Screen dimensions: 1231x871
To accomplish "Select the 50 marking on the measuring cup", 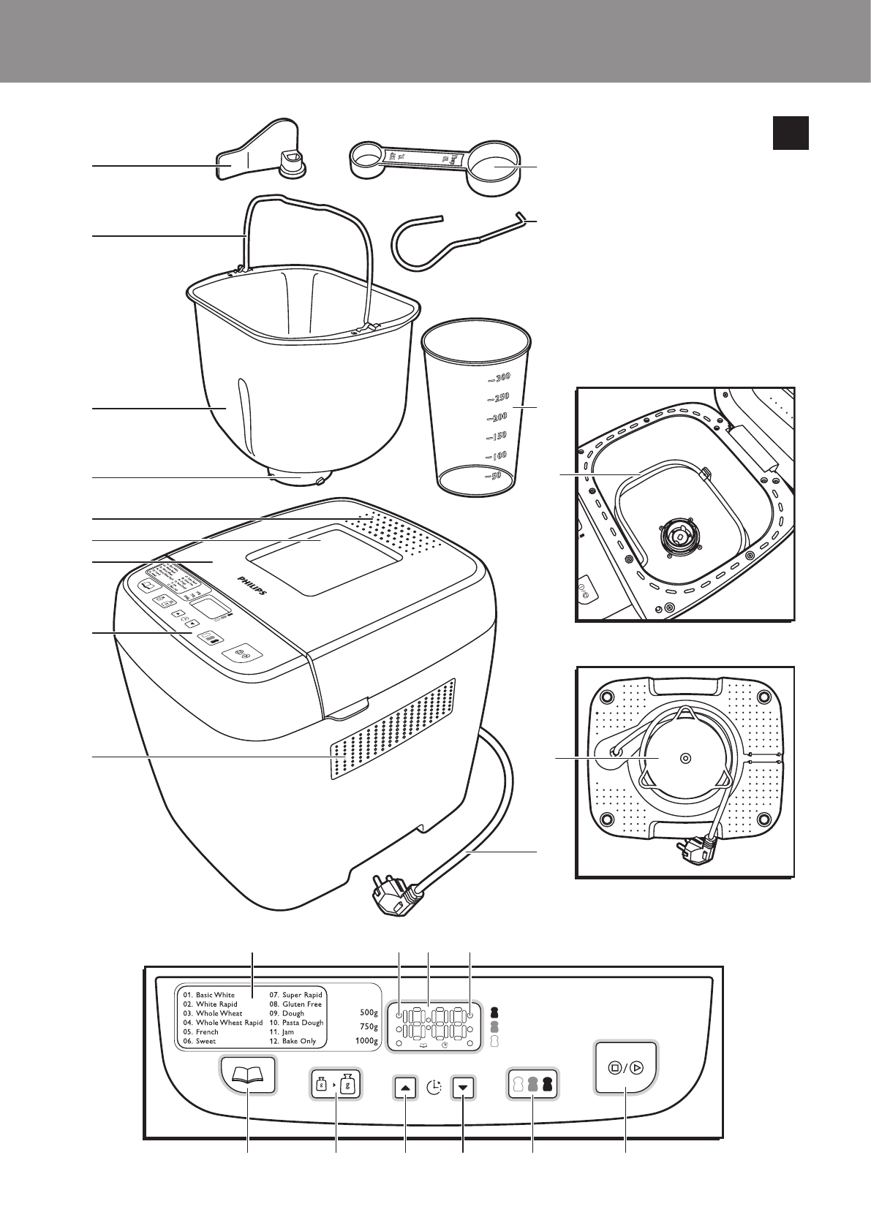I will (x=495, y=476).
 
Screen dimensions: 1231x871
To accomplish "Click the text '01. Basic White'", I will (x=209, y=995).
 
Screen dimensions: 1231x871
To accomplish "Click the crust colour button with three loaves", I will (x=532, y=1085).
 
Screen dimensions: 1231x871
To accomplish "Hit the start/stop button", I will (x=626, y=1068).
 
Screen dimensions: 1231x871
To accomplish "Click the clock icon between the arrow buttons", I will (x=435, y=1088).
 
